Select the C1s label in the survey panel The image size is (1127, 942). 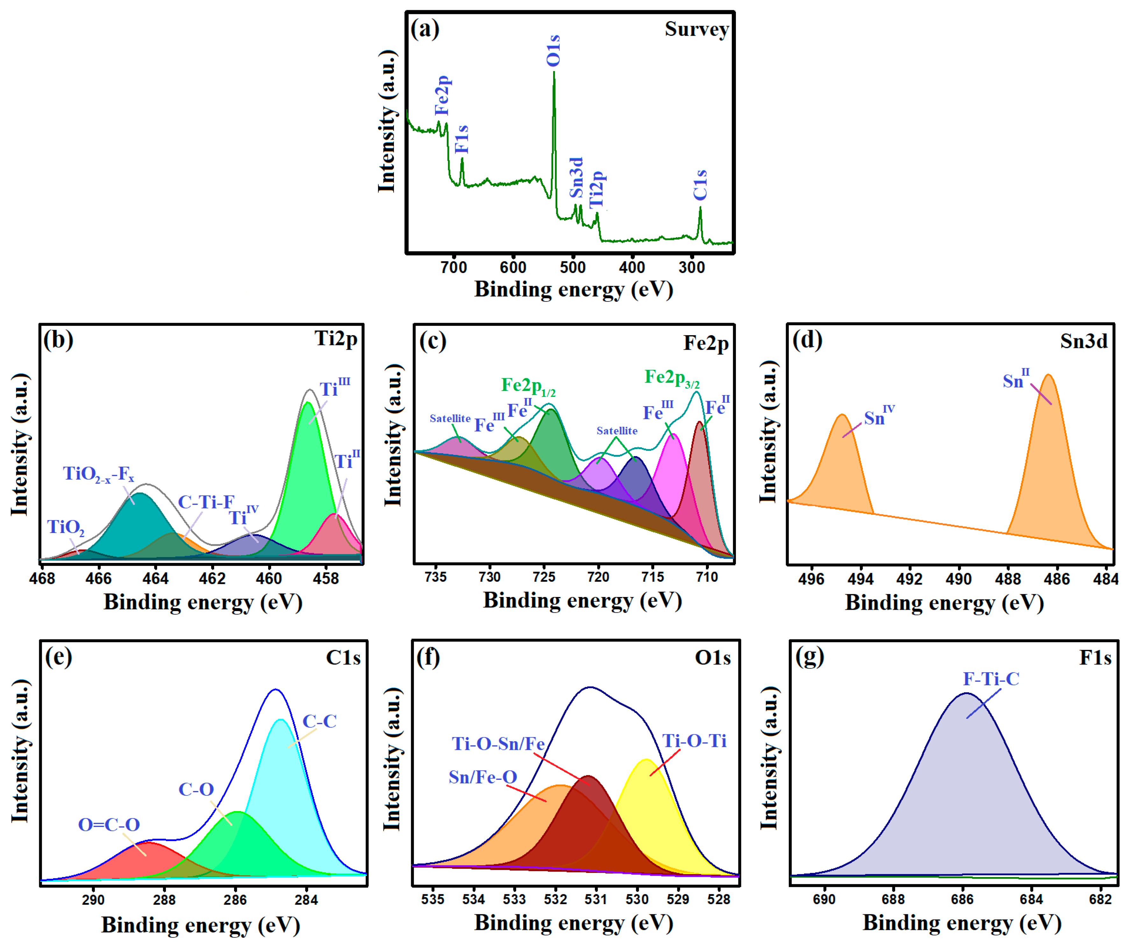point(700,185)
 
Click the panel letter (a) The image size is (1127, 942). point(424,28)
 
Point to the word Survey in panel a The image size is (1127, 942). point(696,29)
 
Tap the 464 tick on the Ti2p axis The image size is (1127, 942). point(156,579)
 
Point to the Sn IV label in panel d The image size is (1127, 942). point(879,416)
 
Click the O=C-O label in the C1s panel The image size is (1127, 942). point(109,824)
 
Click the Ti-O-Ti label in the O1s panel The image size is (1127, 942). point(694,741)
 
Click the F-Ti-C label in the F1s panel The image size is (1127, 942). point(991,679)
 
